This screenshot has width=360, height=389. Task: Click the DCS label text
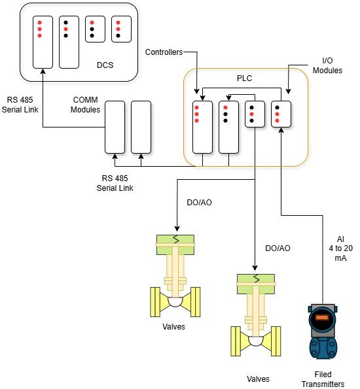click(x=105, y=65)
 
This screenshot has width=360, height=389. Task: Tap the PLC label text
click(x=244, y=78)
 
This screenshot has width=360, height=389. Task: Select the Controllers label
click(x=164, y=52)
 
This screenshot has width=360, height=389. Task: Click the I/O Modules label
click(x=327, y=65)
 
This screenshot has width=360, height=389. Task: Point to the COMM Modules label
click(x=85, y=105)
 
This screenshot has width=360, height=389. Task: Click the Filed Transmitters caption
click(x=323, y=379)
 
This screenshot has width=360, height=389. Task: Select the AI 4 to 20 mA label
click(x=340, y=248)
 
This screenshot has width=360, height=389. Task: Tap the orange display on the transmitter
click(x=322, y=318)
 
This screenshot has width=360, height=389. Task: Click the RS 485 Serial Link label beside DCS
click(x=20, y=105)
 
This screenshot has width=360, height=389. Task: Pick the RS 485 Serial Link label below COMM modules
click(x=115, y=183)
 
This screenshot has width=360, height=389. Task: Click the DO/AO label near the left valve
click(x=199, y=203)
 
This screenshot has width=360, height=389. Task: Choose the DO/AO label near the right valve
click(x=278, y=248)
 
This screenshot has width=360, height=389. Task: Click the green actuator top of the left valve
click(x=175, y=245)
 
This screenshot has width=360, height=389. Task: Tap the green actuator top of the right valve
click(x=256, y=284)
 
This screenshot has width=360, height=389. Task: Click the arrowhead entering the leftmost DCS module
click(x=43, y=71)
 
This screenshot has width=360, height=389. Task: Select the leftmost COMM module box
click(x=115, y=127)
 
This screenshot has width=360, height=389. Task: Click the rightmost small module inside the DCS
click(x=121, y=29)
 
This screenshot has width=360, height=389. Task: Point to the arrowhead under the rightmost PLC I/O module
click(x=281, y=130)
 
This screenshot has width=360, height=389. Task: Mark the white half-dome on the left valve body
click(x=175, y=301)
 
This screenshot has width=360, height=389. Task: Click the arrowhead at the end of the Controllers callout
click(x=197, y=92)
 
